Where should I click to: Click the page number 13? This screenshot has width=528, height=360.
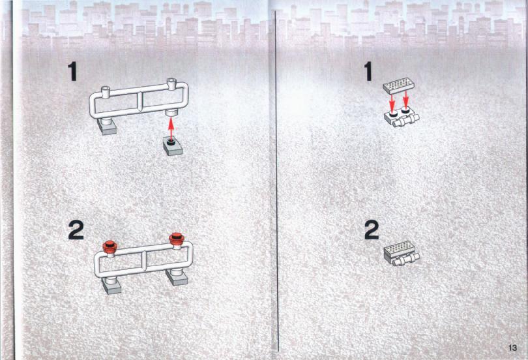click(512, 348)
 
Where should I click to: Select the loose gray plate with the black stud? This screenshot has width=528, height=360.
click(173, 146)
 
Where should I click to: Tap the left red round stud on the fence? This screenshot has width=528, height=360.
click(110, 247)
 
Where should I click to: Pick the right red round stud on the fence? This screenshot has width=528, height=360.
click(176, 238)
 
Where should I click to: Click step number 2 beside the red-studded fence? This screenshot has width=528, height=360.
click(76, 230)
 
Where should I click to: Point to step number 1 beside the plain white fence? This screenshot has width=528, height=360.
click(72, 72)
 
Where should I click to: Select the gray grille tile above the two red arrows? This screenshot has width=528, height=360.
click(399, 86)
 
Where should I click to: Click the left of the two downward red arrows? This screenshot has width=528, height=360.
click(392, 102)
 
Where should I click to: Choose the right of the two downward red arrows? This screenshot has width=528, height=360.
click(405, 98)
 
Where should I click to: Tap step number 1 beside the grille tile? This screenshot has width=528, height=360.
click(368, 71)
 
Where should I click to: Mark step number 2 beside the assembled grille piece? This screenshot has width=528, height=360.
click(372, 230)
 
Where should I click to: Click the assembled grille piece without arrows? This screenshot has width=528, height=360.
click(402, 254)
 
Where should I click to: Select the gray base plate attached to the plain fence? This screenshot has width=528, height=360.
click(107, 127)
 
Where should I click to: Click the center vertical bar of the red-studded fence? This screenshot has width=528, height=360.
click(145, 262)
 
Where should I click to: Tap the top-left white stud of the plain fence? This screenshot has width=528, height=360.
click(106, 92)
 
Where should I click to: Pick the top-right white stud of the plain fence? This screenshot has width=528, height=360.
click(171, 84)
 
